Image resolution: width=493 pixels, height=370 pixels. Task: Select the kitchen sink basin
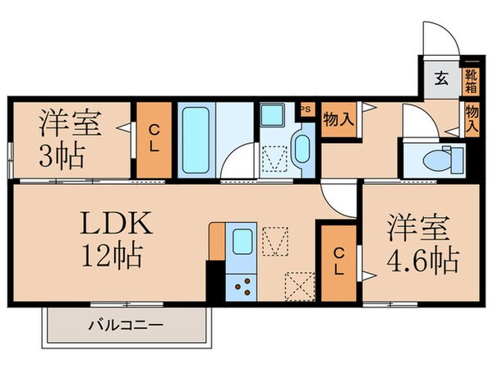click(x=243, y=242)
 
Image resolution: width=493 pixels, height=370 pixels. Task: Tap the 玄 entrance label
click(x=441, y=80)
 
